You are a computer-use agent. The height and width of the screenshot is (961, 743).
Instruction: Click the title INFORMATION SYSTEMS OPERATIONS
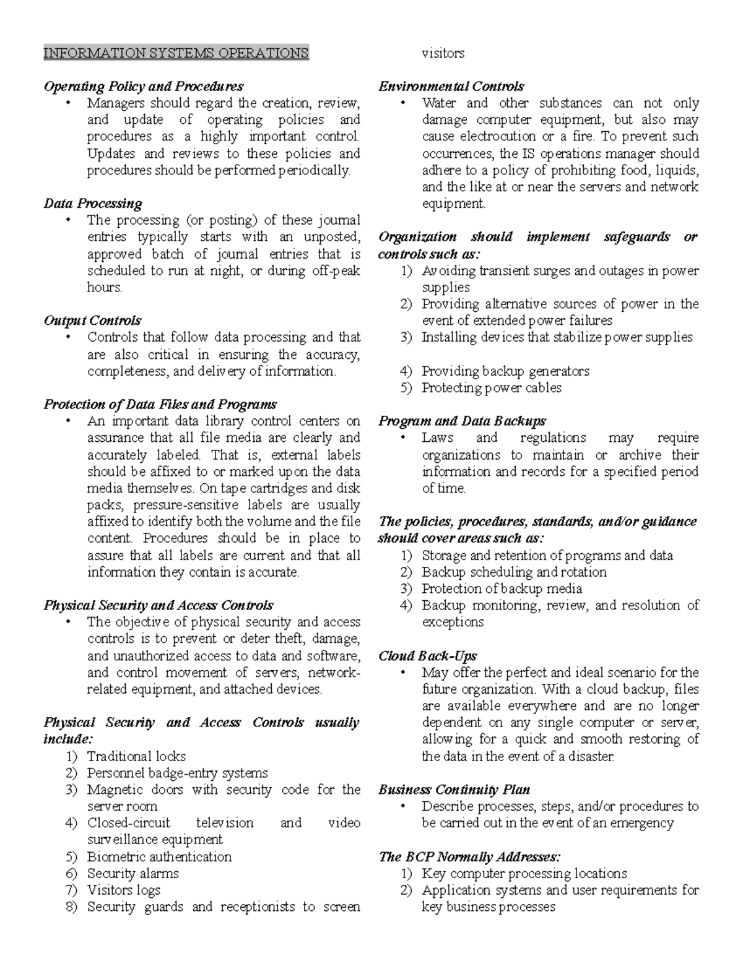tap(176, 53)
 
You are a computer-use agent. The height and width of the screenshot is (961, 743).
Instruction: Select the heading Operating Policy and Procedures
tap(143, 87)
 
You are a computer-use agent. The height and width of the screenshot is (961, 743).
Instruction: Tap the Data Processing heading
tap(93, 204)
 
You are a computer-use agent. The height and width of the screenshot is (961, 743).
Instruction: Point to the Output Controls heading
tap(92, 321)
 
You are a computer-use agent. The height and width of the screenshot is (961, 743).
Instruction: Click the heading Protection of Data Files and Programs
tap(160, 405)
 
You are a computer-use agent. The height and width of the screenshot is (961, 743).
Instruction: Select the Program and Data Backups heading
tap(462, 421)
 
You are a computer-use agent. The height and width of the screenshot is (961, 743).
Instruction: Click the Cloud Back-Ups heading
tap(427, 656)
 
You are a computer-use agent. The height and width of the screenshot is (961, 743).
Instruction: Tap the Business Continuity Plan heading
tap(454, 790)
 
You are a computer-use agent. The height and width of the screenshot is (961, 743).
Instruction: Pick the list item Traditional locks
tap(136, 756)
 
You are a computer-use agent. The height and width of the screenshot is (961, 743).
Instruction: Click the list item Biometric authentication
tap(159, 857)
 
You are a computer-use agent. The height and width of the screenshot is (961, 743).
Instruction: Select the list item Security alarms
tap(133, 874)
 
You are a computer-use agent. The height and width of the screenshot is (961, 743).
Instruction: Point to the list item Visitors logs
tap(123, 890)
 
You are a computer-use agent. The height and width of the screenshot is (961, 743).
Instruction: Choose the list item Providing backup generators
tap(505, 371)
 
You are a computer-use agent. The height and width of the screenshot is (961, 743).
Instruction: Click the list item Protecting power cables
tap(492, 388)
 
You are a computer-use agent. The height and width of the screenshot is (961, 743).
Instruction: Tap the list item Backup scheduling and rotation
tap(514, 572)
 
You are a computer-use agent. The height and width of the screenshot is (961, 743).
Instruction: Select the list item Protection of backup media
tap(502, 589)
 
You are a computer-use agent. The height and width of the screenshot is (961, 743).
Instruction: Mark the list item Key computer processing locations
tap(524, 874)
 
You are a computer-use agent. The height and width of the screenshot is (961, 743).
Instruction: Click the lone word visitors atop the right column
tap(443, 53)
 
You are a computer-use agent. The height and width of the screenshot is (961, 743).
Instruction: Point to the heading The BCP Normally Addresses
tap(469, 857)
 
